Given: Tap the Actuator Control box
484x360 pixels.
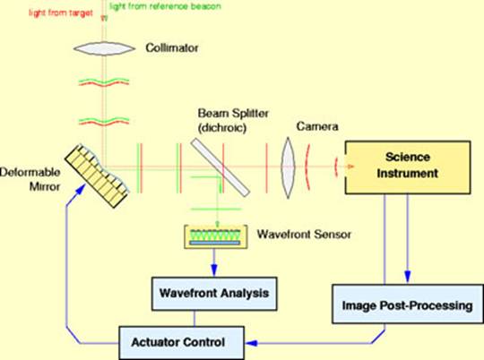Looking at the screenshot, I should click(185, 341).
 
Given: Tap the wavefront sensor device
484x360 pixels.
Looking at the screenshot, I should click(212, 236).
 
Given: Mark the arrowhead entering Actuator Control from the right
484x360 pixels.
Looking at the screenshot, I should click(254, 341).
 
